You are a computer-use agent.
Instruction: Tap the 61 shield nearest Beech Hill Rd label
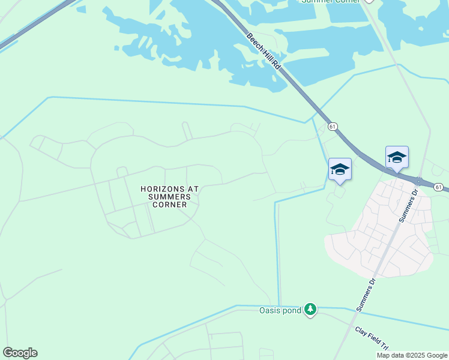(333, 127)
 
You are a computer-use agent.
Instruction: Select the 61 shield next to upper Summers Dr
(439, 187)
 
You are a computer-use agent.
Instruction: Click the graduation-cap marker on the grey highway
(397, 158)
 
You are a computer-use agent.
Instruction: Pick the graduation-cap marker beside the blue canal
(340, 169)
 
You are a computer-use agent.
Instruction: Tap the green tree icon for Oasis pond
(310, 309)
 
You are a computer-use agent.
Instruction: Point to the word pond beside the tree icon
(292, 310)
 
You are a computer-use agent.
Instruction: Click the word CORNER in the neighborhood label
(169, 205)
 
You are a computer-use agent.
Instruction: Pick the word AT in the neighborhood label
(192, 189)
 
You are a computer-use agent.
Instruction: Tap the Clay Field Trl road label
(372, 338)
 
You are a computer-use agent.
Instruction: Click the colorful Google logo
(20, 353)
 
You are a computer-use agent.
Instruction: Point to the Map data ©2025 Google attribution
(412, 355)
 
